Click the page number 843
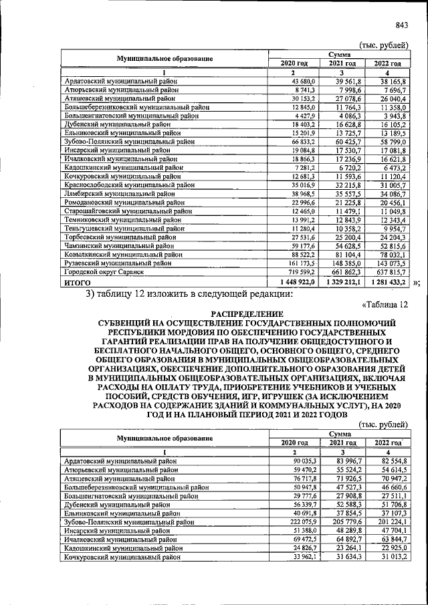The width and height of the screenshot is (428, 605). (401, 25)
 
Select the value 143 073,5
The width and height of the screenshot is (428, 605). (389, 263)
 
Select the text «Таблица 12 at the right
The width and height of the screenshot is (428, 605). (385, 304)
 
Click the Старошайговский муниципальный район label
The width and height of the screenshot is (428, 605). (122, 211)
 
